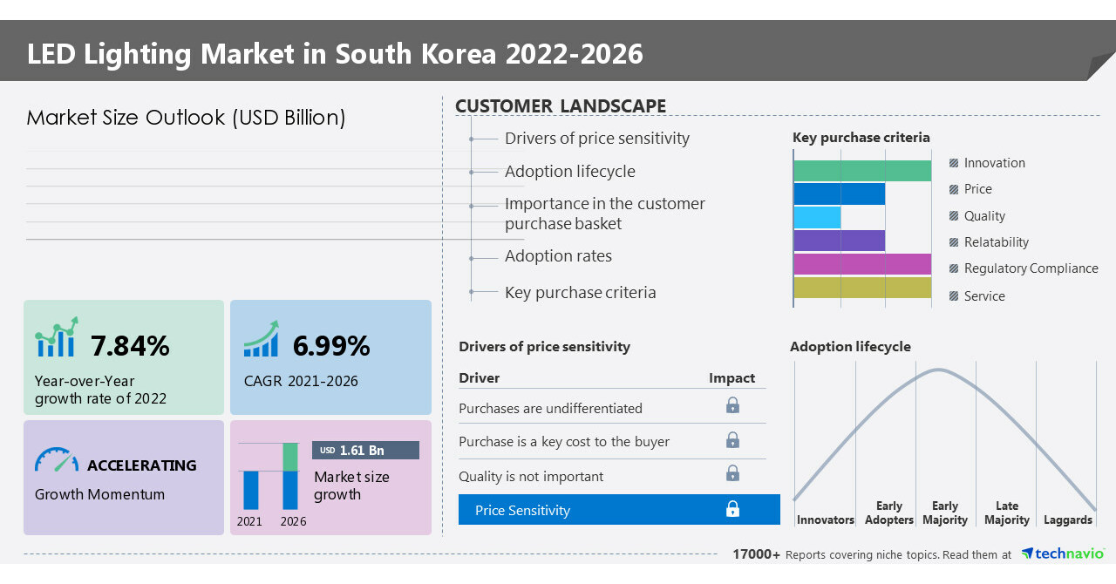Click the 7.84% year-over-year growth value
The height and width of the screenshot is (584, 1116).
point(130,346)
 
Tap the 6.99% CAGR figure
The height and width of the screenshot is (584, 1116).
point(331,346)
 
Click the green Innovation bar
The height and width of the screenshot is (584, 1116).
point(862,171)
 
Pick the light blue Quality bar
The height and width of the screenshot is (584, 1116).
point(817,217)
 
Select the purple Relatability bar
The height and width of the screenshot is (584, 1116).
point(839,241)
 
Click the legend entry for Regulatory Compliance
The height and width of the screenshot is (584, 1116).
point(1030,268)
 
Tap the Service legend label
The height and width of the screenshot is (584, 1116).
point(983,296)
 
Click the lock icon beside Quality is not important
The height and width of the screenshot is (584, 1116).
point(732,473)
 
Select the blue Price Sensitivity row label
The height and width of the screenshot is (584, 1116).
point(522,510)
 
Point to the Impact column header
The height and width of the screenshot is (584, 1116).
point(732,377)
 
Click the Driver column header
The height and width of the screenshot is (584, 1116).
point(480,378)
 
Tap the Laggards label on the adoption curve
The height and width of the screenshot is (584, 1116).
point(1067,519)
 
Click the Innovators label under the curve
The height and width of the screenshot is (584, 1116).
point(825,519)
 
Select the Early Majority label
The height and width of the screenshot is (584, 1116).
point(945,513)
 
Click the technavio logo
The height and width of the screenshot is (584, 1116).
point(1063,553)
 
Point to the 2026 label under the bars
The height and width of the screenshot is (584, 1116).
point(293,521)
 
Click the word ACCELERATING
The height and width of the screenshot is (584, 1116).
point(141,465)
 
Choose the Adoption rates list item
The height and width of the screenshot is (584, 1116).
point(558,256)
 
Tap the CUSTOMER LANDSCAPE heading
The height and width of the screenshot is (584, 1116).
point(561,106)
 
